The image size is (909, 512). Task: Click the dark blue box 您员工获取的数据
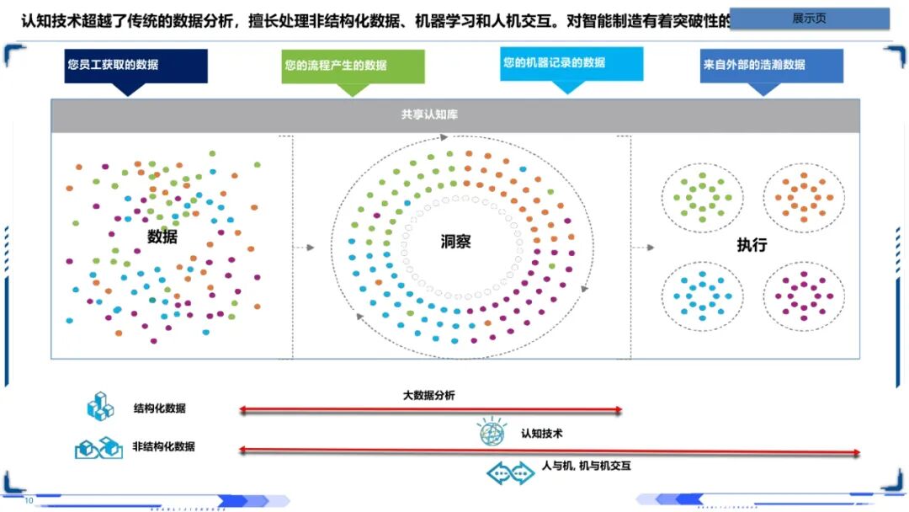pyautogui.click(x=136, y=66)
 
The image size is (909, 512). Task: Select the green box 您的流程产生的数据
pyautogui.click(x=353, y=66)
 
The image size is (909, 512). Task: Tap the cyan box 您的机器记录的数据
pyautogui.click(x=571, y=63)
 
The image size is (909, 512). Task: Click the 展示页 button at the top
pyautogui.click(x=809, y=19)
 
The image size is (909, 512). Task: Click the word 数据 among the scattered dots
pyautogui.click(x=162, y=237)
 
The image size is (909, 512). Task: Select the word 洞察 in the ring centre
pyautogui.click(x=456, y=242)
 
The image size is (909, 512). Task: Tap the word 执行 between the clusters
pyautogui.click(x=752, y=245)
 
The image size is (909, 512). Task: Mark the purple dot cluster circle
pyautogui.click(x=803, y=295)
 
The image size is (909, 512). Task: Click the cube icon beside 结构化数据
pyautogui.click(x=100, y=408)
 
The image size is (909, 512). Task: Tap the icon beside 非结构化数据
pyautogui.click(x=99, y=447)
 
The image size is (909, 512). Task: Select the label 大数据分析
pyautogui.click(x=428, y=395)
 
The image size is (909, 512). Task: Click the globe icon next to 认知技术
pyautogui.click(x=492, y=433)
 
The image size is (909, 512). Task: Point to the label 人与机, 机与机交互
pyautogui.click(x=586, y=466)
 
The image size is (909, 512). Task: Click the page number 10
pyautogui.click(x=29, y=501)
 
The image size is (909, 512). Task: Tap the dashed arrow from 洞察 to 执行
pyautogui.click(x=644, y=248)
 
